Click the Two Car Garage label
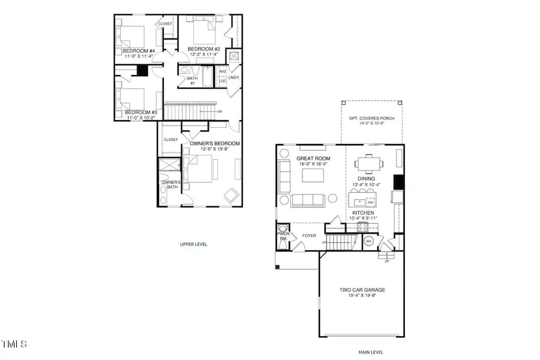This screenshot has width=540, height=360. [x=362, y=290]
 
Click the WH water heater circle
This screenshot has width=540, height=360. [x=370, y=242]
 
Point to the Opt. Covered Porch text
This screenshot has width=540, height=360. [x=372, y=118]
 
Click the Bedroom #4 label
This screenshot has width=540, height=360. [x=139, y=51]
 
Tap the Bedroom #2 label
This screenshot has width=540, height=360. [x=204, y=49]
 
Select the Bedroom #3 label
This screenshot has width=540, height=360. [x=142, y=112]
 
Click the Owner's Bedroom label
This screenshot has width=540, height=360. [x=215, y=143]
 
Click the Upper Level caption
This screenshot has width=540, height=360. [x=194, y=245]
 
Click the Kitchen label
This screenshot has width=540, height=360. [x=363, y=213]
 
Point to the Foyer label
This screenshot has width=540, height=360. [x=309, y=236]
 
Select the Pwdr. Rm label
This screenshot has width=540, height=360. [x=283, y=236]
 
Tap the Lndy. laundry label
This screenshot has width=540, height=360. [x=233, y=77]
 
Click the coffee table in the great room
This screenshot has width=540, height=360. [x=314, y=175]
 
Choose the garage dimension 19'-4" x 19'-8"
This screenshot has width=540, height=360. [x=362, y=296]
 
